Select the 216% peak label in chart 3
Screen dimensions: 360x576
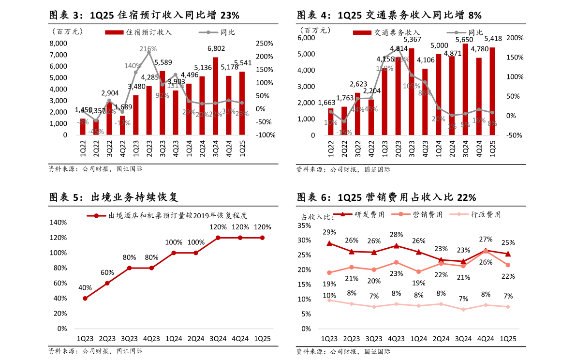tap(148, 49)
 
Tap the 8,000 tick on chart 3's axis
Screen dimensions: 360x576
tap(58, 43)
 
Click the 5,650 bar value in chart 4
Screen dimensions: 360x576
tap(465, 40)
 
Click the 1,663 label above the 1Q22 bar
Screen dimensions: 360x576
tap(327, 103)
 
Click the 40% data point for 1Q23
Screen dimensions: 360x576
tap(85, 298)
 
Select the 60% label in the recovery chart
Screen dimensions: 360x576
tap(107, 272)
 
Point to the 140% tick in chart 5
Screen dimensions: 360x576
tap(59, 222)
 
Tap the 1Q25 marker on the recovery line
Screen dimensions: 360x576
tap(262, 238)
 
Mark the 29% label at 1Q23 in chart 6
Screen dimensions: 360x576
tap(329, 232)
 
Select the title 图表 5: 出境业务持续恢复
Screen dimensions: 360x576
tap(114, 197)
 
